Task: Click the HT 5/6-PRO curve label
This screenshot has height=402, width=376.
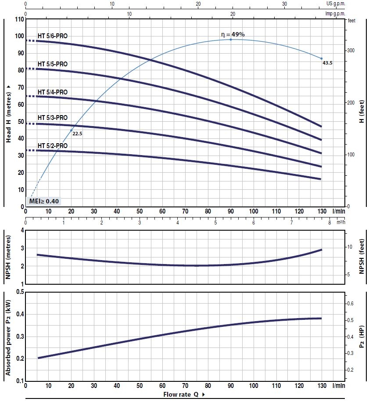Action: point(53,36)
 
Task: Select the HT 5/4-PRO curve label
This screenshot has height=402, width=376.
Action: point(53,92)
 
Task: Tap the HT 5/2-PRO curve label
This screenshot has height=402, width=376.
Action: point(53,146)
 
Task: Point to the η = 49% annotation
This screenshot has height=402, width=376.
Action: point(233,34)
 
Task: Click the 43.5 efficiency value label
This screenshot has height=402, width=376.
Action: point(327,63)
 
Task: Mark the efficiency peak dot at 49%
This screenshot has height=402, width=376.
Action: point(231,40)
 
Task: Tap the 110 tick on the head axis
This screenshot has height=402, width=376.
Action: point(18,19)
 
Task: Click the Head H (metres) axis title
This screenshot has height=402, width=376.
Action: point(8,113)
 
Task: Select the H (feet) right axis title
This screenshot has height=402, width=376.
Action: point(362,113)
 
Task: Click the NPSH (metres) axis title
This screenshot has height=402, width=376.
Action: point(8,257)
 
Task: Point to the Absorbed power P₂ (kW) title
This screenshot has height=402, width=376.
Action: point(8,336)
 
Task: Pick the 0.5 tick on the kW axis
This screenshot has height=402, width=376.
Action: point(20,292)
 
